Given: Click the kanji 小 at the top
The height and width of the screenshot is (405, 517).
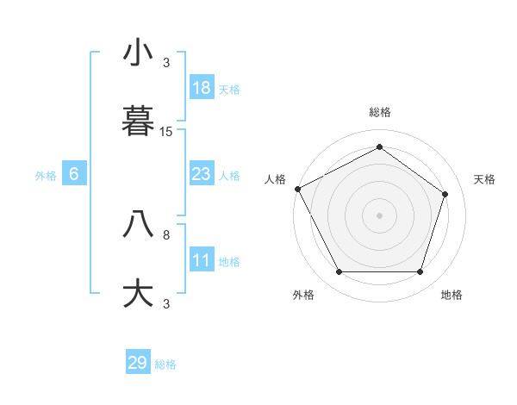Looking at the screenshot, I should point(138,53).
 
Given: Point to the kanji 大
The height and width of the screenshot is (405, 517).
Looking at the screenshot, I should point(138,294).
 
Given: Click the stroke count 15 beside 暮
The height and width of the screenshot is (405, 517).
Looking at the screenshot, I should point(166,132).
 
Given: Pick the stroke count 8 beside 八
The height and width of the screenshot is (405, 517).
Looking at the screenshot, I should point(166,234).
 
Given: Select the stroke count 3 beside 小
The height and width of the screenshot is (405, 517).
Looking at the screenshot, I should point(166,62).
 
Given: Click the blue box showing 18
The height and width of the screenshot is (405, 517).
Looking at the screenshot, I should point(202,88).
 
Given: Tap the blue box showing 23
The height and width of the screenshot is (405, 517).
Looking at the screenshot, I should point(202,174).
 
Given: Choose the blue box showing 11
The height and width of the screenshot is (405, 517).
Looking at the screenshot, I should point(202,260).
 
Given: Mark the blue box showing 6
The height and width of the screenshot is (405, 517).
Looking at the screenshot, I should point(74,174).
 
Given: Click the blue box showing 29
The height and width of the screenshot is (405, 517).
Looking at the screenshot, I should point(138,363).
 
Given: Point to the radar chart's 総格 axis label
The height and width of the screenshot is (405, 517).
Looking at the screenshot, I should point(380,112).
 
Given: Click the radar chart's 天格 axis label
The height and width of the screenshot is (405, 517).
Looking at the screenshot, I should point(485,179).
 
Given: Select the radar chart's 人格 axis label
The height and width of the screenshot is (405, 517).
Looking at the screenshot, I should point(275,179).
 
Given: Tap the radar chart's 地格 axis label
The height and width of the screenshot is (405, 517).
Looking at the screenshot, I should point(452,295).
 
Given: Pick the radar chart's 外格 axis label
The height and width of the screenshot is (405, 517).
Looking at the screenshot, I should point(303,295).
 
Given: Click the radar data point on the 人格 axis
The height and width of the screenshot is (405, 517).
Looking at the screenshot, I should point(298,189).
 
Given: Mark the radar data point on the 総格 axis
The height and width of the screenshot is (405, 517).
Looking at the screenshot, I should point(379,146).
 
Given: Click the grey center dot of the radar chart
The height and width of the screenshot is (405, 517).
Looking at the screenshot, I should point(379,215).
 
